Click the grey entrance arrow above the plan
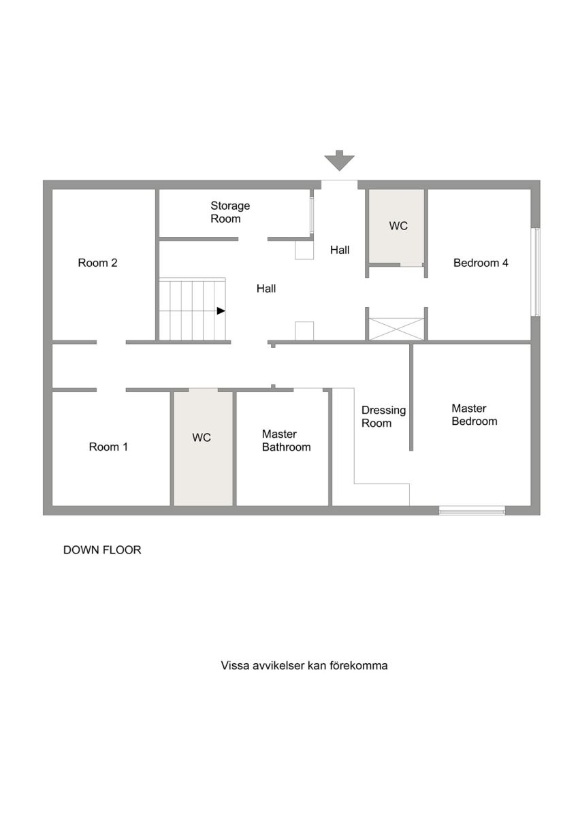click(x=339, y=161)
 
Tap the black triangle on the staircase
click(x=221, y=310)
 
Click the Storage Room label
click(x=230, y=212)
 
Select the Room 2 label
click(x=98, y=263)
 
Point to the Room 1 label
click(x=108, y=447)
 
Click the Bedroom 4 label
click(x=481, y=263)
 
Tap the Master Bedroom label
click(x=474, y=415)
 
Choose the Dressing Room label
click(x=383, y=417)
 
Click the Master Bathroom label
click(x=286, y=440)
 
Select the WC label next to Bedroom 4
click(x=398, y=226)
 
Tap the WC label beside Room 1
click(x=202, y=437)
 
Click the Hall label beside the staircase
click(x=266, y=289)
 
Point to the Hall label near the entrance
click(x=340, y=250)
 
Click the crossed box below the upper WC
click(x=397, y=329)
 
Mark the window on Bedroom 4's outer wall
click(x=536, y=272)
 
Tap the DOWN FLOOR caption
click(x=102, y=550)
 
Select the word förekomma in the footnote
click(x=358, y=666)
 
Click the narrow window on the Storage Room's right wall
click(x=312, y=216)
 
